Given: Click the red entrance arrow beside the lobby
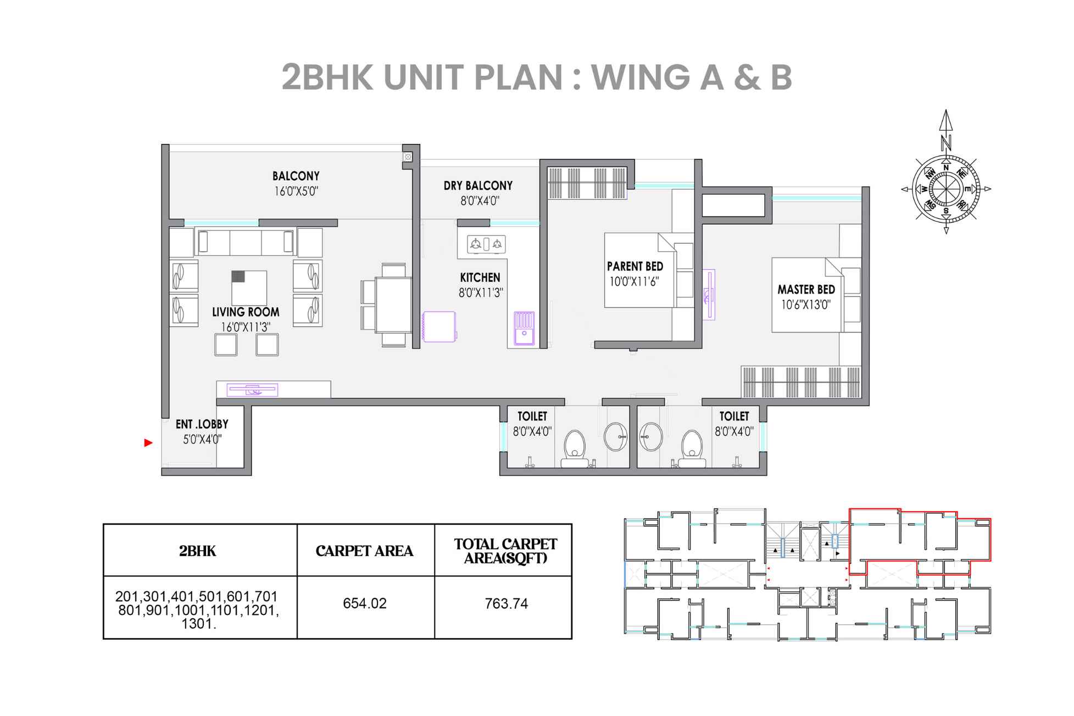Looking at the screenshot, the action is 148,442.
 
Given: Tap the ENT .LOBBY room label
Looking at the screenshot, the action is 202,424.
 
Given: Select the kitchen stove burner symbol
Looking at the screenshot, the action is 486,244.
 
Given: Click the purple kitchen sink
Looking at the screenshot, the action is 524,328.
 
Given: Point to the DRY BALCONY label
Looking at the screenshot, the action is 478,186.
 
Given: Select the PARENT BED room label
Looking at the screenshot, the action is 635,267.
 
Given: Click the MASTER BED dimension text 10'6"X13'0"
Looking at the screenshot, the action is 806,304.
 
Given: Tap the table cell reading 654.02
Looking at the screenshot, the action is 365,603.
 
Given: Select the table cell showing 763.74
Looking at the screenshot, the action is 507,603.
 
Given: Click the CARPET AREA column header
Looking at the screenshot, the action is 364,551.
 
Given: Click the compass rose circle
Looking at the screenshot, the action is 945,188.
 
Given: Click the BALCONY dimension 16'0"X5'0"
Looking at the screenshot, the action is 296,191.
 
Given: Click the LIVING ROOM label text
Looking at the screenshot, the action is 246,312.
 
